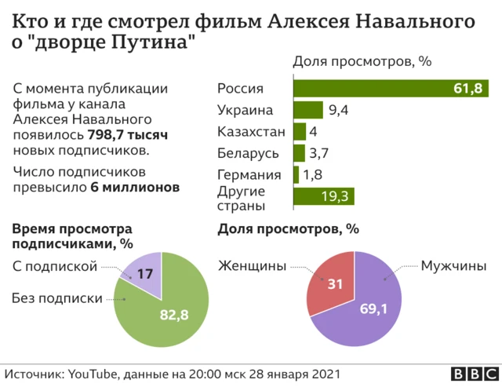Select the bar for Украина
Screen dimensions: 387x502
point(308,110)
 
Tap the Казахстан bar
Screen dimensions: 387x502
point(300,131)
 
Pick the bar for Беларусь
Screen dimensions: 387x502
point(299,152)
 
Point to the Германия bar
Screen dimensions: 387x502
point(296,174)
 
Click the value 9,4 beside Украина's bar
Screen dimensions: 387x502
point(339,110)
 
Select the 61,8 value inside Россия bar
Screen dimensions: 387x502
point(467,89)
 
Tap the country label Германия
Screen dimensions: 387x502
point(249,175)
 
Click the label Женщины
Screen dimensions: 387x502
point(252,266)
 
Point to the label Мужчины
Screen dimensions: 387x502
point(453,266)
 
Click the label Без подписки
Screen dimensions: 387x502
point(57,298)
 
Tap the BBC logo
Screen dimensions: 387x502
point(467,374)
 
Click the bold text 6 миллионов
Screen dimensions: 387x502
point(136,188)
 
